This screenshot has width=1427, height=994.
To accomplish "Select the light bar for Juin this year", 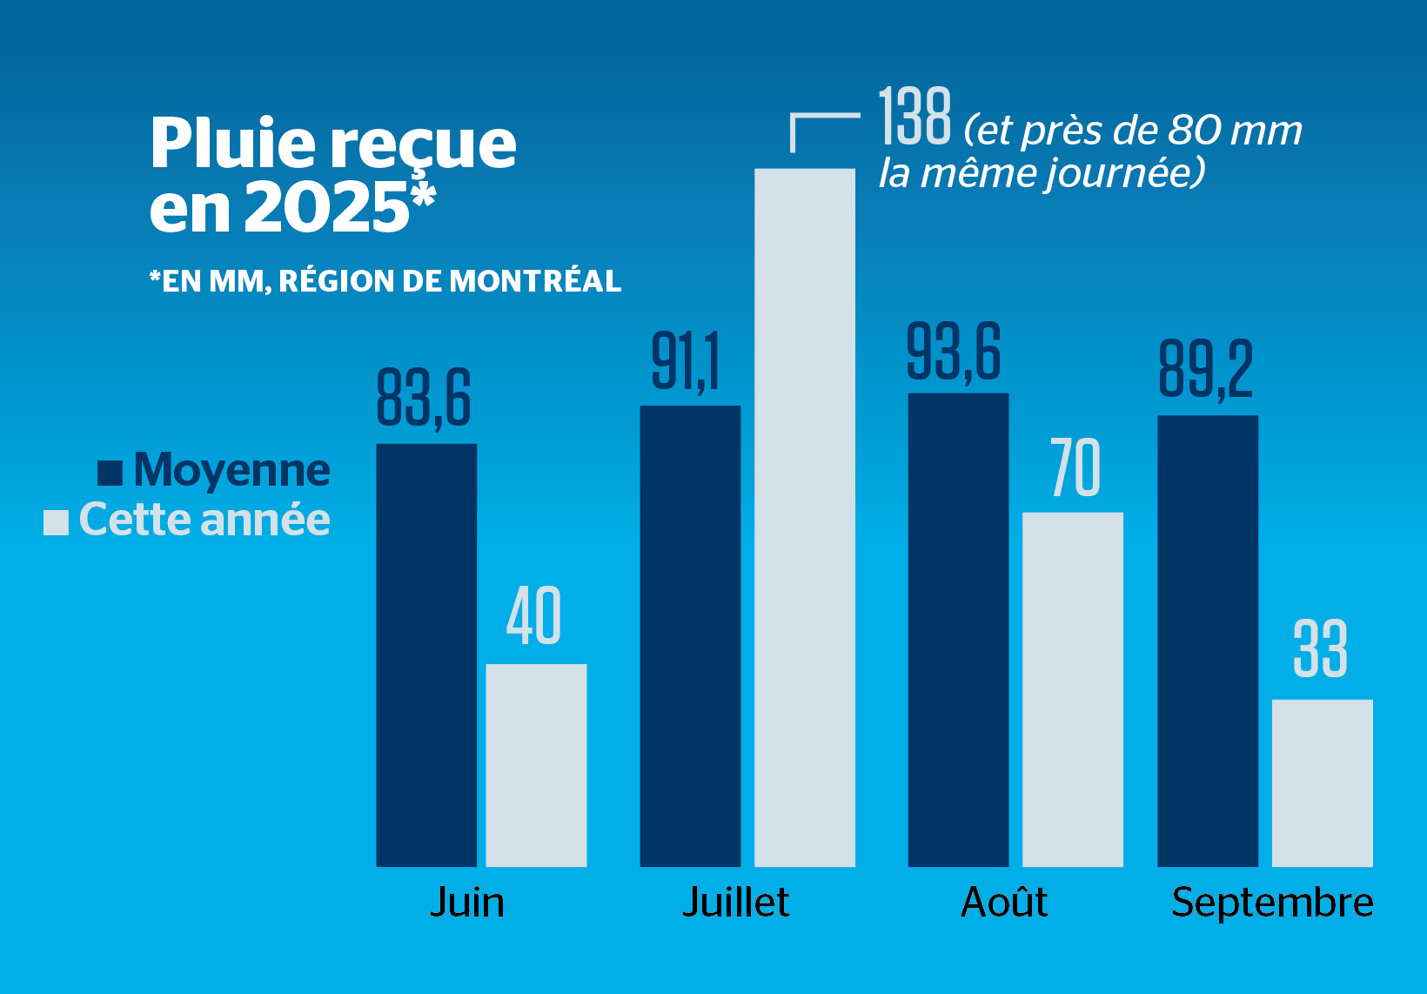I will pos(536,765).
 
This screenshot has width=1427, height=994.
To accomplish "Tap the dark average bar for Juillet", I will pos(690,635).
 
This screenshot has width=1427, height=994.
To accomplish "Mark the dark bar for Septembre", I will pos(1207,641).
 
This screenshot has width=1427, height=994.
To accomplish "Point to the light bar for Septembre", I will pos(1322,782).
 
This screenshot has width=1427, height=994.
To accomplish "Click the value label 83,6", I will pos(424,398).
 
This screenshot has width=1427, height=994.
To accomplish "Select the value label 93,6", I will pos(954,352).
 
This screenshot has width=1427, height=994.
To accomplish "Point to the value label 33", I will pos(1320,648).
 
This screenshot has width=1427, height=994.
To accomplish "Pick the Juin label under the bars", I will pos(467,903).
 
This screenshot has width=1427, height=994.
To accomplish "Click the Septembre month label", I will pos(1272,903).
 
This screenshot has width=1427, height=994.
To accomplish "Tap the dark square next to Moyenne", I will pos(110,473).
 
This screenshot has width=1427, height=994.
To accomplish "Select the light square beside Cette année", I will pos(56,522).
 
